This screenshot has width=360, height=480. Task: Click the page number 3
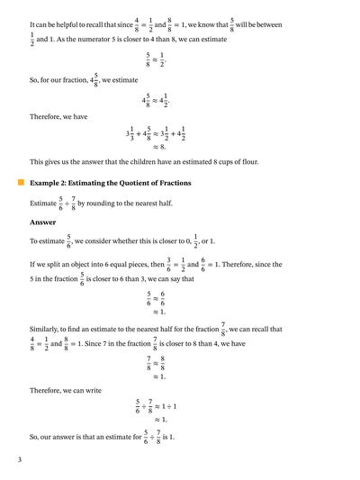tap(19, 461)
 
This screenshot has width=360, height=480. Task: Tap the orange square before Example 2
tap(21, 183)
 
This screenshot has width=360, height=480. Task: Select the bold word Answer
tap(43, 222)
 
